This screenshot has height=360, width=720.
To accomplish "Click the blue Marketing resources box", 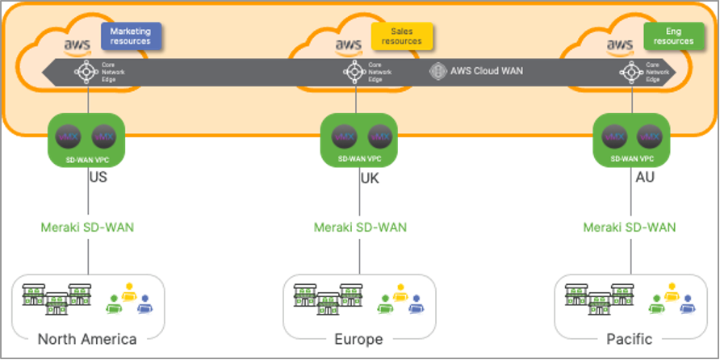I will coord(131,36).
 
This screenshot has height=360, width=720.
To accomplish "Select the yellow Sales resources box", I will coord(402,36).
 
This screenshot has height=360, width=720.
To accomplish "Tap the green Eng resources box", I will coord(673,36).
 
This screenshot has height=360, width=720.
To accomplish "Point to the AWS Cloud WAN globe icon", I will coord(438,71).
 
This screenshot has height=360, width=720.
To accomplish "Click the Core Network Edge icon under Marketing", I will coord(86,72).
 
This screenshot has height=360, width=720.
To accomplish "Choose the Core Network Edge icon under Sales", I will coord(353,72).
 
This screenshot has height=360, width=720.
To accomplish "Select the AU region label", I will coord(644,177).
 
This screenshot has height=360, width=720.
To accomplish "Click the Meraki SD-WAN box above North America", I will coord(87,228).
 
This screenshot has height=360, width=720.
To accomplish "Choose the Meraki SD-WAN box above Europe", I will coord(359,228).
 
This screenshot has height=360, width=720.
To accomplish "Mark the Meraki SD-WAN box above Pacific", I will coord(630,228).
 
